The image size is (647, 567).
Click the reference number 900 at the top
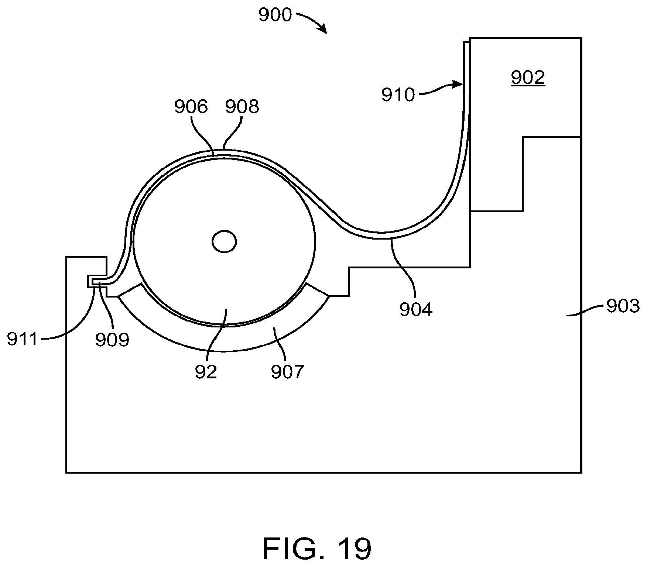[x=275, y=16]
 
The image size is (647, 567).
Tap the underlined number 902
[x=528, y=78]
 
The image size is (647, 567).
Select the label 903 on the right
[x=623, y=306]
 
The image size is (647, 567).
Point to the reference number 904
[x=416, y=309]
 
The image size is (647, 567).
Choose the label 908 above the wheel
[x=242, y=107]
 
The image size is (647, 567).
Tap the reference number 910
[x=398, y=95]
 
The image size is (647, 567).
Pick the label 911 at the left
[x=23, y=339]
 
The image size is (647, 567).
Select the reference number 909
[x=112, y=340]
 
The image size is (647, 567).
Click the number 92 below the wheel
[x=206, y=372]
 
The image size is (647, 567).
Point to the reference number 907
[x=287, y=372]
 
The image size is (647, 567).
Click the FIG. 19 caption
[x=317, y=549]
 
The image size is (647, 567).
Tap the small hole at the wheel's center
[x=224, y=242]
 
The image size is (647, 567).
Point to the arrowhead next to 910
[x=460, y=85]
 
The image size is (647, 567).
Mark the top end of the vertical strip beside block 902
[x=467, y=42]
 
